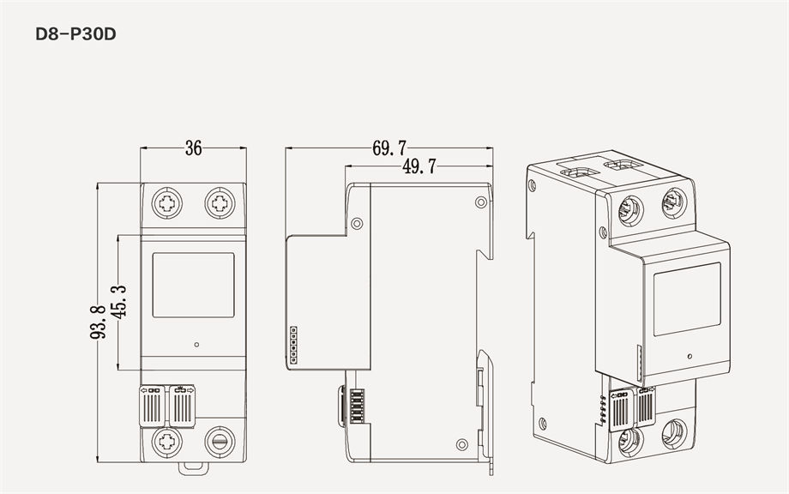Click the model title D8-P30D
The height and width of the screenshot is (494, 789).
click(75, 36)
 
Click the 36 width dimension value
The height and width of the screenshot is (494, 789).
click(193, 148)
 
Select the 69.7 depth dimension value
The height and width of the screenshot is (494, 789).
click(389, 148)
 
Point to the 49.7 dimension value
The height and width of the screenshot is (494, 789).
click(419, 166)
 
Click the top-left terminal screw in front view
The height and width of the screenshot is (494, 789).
click(166, 204)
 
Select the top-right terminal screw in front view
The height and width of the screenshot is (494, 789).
click(220, 204)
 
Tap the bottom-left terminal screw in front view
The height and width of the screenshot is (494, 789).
click(166, 442)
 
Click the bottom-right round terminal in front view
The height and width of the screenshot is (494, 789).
click(220, 442)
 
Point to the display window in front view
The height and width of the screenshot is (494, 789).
click(193, 284)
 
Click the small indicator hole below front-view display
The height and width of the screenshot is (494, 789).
click(197, 345)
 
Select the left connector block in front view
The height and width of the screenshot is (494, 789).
click(154, 405)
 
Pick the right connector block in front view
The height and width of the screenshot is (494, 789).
click(181, 405)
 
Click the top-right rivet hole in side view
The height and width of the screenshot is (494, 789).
click(480, 202)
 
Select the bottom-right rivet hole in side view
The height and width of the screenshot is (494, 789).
click(462, 443)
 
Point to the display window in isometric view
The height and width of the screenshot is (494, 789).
click(687, 298)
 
